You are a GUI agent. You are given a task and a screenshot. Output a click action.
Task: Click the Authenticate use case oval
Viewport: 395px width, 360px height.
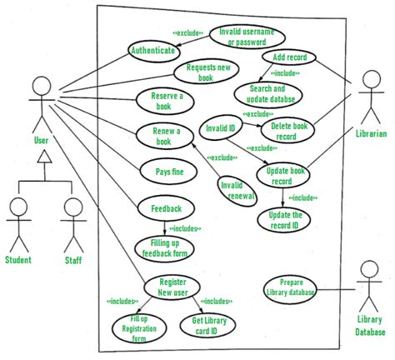152,50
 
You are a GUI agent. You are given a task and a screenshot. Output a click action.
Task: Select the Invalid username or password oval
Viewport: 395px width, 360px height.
246,37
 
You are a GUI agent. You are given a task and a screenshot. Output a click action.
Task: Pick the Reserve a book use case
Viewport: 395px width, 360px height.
161,100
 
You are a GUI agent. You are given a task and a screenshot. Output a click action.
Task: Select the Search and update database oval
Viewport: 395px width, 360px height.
267,93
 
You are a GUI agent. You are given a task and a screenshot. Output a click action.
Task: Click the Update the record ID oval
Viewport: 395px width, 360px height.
285,219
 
